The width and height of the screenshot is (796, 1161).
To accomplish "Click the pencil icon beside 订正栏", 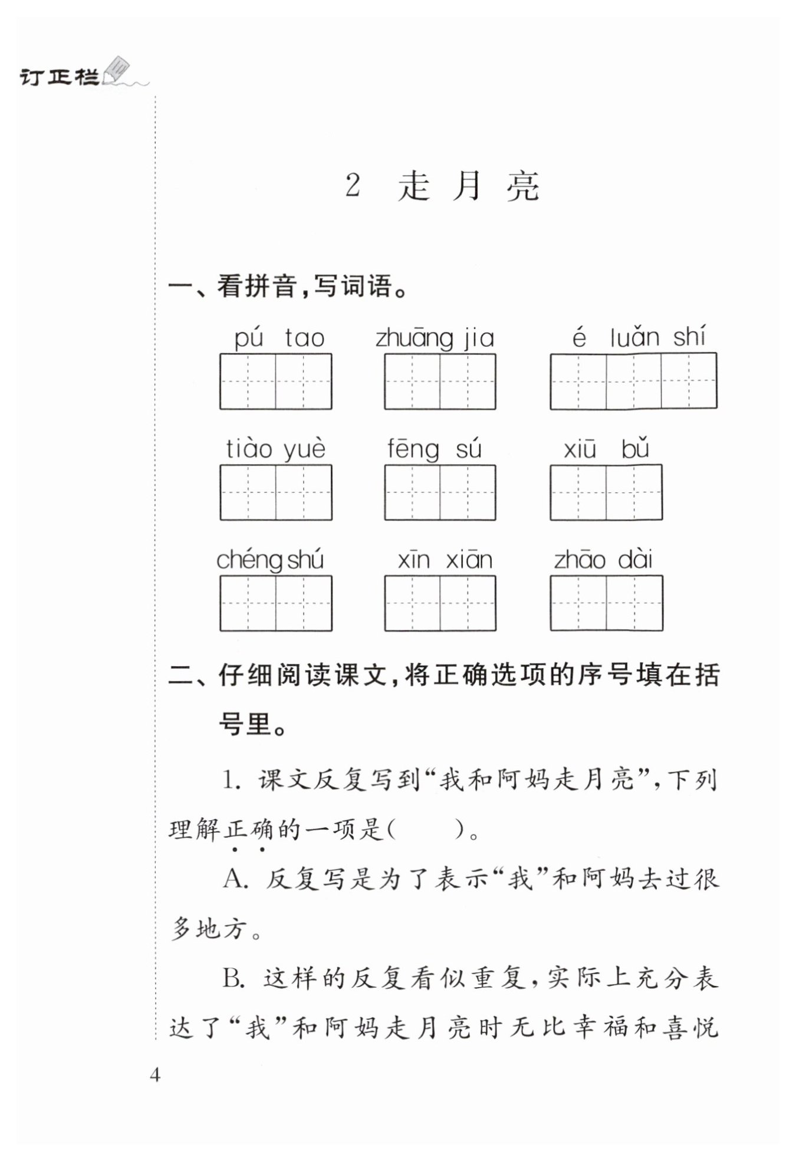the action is tap(116, 70).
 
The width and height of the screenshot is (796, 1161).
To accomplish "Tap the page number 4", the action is tap(155, 1075).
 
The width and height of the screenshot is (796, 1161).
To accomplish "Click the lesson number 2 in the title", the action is tap(353, 186).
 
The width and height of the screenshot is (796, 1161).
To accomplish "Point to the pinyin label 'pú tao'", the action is tap(279, 338).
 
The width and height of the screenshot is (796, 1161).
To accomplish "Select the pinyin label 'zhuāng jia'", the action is tap(435, 338).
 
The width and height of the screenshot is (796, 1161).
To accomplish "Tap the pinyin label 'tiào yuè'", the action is tap(275, 449).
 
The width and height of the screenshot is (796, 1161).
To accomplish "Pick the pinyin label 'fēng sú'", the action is tap(435, 449).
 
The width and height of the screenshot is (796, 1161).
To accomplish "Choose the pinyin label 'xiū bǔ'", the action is tap(606, 449).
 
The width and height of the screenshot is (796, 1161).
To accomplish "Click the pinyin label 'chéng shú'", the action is tap(270, 560).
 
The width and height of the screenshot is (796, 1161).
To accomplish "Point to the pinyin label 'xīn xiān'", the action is tap(445, 560).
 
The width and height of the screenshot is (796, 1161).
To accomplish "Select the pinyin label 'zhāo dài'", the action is tap(603, 560).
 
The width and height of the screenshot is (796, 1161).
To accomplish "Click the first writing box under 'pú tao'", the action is tap(248, 381).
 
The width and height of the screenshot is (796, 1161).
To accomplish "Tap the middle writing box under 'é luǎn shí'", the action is tap(633, 381).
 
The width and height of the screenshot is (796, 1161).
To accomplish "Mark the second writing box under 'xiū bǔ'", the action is tap(634, 492).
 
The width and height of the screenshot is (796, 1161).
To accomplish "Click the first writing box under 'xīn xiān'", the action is tap(412, 603).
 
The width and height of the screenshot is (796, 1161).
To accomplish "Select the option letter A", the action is tap(234, 880).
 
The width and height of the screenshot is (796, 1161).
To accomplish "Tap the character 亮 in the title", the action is tap(522, 186).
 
